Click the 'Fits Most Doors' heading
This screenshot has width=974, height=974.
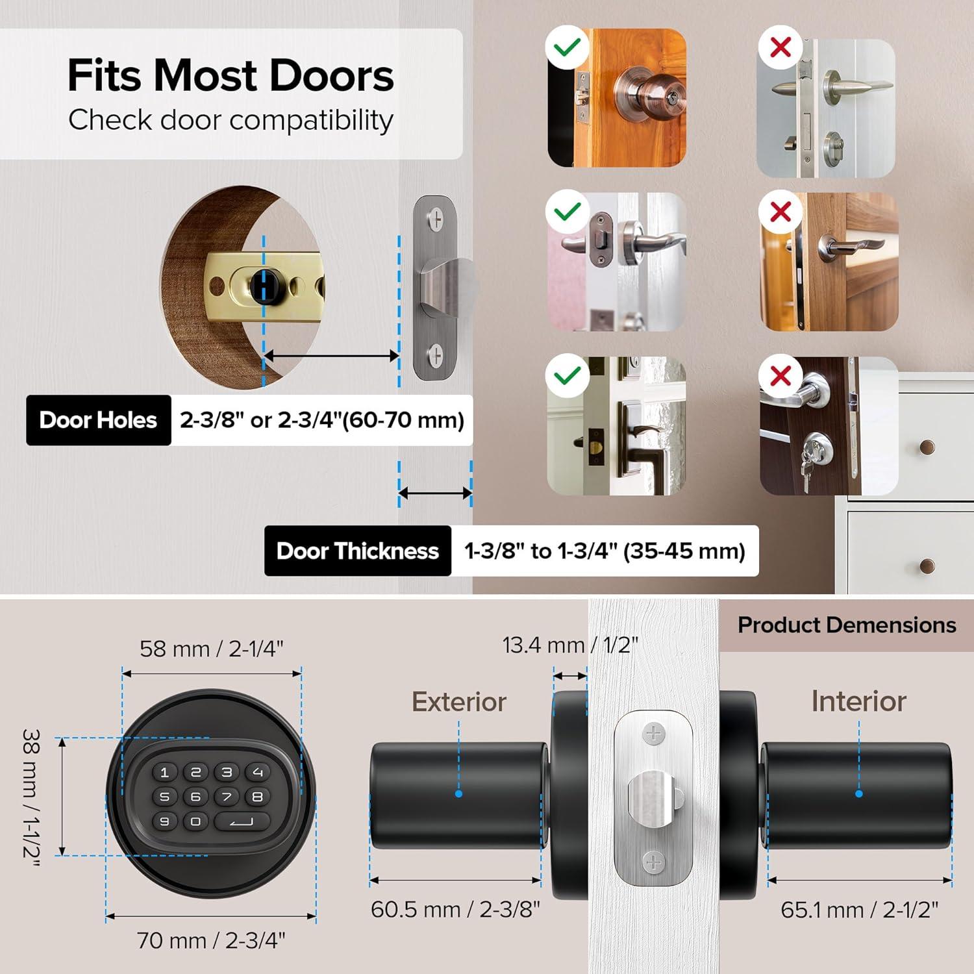pos(231,75)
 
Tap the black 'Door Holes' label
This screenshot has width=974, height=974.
pos(98,420)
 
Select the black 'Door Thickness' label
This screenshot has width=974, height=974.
pos(357,551)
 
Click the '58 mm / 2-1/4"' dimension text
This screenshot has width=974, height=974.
pos(212,649)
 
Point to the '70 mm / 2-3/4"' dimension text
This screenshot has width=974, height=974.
pos(211,940)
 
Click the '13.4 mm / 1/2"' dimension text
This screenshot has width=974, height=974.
pos(570,645)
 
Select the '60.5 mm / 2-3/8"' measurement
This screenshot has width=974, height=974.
pos(455,910)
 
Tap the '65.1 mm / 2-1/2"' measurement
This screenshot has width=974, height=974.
pos(859,910)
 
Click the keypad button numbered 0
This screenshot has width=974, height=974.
pos(195,821)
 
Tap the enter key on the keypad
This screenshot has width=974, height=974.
pos(242,822)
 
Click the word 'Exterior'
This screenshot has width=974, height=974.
pos(459,702)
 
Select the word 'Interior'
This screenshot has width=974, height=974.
pos(858,701)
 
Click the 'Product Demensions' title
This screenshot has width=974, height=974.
pos(847,625)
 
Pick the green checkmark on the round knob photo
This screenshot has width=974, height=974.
pos(568,47)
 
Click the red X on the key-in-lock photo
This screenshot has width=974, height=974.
pos(780,376)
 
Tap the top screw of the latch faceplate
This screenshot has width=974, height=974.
pos(654,734)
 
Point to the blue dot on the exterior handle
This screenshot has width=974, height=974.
pos(459,793)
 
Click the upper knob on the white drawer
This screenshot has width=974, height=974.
pos(927,447)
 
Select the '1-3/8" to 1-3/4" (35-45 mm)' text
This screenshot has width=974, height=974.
pos(605,551)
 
